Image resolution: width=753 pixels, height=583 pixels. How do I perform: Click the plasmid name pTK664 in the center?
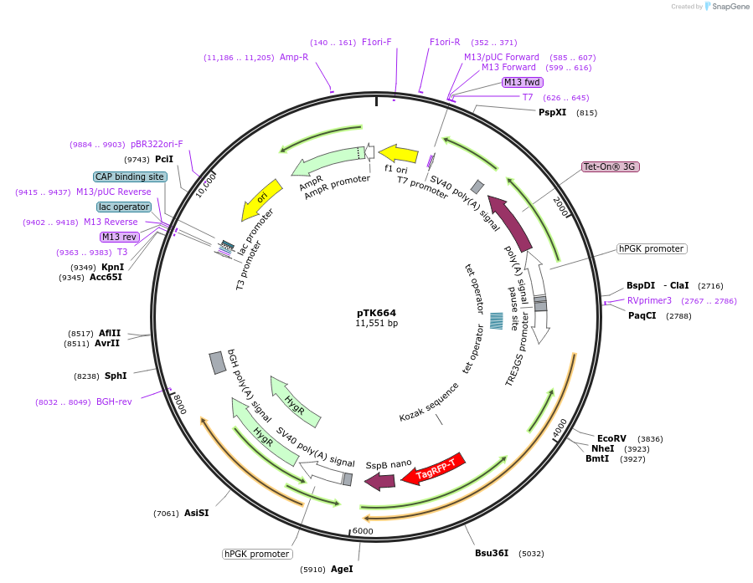(376, 313)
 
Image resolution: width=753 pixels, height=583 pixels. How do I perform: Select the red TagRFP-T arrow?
(434, 471)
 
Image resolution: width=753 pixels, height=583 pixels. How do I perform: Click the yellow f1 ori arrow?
(398, 154)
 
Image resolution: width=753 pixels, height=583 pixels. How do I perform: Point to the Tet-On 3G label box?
(611, 167)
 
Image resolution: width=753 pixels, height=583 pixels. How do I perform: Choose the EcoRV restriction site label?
(611, 438)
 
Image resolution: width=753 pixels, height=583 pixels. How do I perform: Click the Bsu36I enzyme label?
(492, 553)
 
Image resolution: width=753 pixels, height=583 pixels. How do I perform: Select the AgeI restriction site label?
(342, 569)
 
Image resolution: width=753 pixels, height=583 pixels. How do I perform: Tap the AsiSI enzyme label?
(196, 513)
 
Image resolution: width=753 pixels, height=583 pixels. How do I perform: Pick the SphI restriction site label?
(116, 376)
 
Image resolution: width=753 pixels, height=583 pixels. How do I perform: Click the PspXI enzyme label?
(553, 112)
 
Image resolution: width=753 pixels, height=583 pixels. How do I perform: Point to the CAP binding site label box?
(130, 177)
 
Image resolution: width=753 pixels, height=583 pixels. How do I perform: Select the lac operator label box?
(124, 207)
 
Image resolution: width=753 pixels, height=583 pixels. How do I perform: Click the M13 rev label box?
(119, 237)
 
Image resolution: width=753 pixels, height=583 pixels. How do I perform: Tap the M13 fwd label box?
(522, 82)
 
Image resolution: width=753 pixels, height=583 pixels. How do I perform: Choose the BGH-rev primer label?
(114, 401)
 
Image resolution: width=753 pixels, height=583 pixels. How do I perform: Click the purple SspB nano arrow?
(379, 481)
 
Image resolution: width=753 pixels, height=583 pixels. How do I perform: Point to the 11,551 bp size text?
(376, 324)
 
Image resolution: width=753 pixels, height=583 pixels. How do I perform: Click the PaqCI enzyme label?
(642, 315)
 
